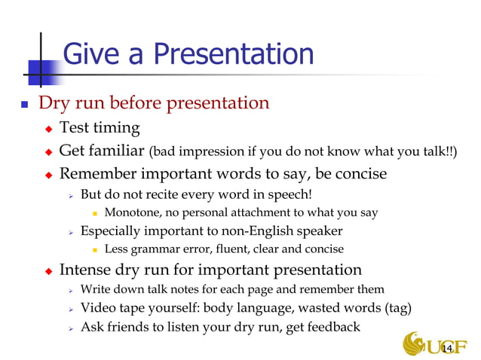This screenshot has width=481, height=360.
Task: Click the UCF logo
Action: [x=434, y=345]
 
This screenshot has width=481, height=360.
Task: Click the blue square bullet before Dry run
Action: [x=26, y=104]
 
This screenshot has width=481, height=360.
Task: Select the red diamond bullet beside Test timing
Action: [x=49, y=128]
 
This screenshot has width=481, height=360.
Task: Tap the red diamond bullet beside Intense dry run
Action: [x=49, y=270]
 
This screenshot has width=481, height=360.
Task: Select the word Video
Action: [x=98, y=308]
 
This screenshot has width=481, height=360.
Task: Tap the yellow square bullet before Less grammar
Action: [x=95, y=249]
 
